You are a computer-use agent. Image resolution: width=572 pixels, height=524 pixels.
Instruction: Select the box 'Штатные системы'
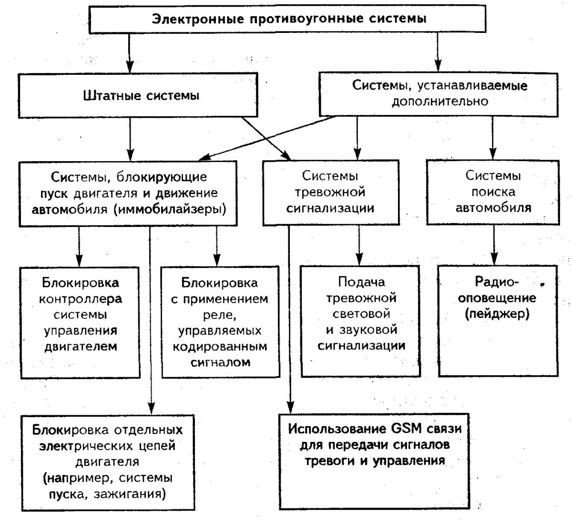(x=141, y=96)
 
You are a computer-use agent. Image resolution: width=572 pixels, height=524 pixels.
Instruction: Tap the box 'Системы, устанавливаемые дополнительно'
(x=439, y=93)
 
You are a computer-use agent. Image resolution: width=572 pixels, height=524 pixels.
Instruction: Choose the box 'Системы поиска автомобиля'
(x=493, y=192)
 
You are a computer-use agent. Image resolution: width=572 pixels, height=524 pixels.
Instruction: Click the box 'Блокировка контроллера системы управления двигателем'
(x=80, y=322)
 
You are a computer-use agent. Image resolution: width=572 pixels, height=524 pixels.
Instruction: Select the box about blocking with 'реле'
(x=220, y=322)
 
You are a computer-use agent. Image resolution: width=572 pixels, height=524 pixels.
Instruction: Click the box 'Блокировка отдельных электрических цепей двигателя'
(x=107, y=462)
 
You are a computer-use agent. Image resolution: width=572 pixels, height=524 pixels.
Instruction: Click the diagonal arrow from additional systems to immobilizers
(x=267, y=138)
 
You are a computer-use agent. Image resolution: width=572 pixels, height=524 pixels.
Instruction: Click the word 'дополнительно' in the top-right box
(x=439, y=102)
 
